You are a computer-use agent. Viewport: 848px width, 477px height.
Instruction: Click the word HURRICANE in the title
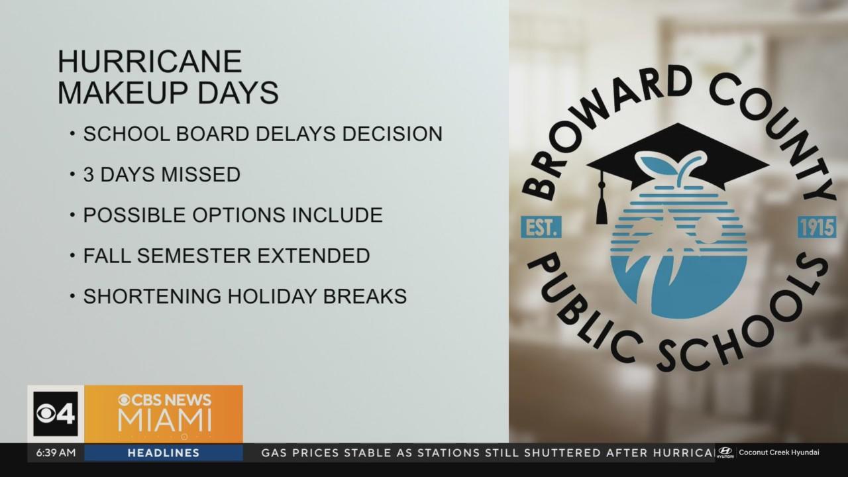[x=150, y=62]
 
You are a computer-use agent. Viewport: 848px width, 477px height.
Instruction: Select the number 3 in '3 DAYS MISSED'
[x=89, y=174]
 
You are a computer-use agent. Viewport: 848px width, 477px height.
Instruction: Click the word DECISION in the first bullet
[x=392, y=134]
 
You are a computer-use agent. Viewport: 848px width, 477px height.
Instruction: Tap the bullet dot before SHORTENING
[x=72, y=296]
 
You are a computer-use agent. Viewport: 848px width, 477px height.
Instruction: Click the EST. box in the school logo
[x=541, y=227]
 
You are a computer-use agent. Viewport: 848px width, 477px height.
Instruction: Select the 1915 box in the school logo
[x=817, y=227]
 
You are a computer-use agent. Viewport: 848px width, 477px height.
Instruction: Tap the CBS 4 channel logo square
[x=56, y=414]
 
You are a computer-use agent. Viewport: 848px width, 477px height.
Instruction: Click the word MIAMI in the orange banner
[x=165, y=420]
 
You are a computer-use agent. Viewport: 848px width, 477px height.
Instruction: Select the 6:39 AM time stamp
[x=56, y=452]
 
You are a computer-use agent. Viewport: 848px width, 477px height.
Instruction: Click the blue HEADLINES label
[x=164, y=452]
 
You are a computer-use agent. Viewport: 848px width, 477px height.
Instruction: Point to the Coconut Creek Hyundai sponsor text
[x=779, y=452]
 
